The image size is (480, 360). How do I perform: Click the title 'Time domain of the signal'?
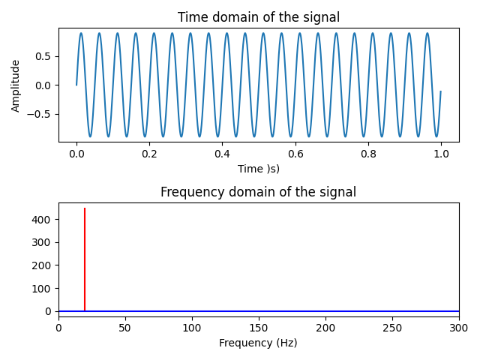(258, 18)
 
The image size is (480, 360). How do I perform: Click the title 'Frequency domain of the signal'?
(258, 193)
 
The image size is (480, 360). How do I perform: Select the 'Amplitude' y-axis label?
(16, 85)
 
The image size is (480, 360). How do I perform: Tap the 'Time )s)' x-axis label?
(258, 169)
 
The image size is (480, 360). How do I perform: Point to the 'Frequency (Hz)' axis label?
(258, 343)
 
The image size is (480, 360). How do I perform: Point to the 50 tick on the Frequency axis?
(125, 328)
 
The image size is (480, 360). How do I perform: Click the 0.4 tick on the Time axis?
(222, 153)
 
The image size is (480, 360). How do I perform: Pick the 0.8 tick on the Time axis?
(367, 153)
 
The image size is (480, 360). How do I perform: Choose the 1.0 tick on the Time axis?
(441, 153)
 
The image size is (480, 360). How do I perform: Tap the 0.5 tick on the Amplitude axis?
(42, 56)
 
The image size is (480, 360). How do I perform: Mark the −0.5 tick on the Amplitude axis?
(39, 114)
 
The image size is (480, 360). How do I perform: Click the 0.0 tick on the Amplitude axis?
(42, 85)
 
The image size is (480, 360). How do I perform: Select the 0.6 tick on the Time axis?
(295, 153)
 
